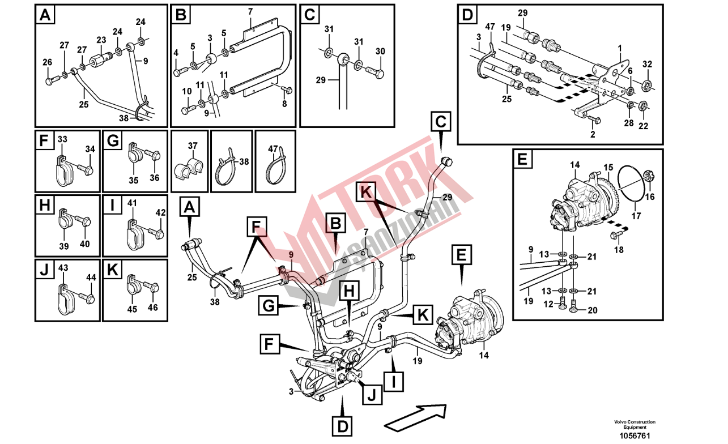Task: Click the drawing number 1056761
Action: pos(635,436)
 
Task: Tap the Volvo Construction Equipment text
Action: pos(635,425)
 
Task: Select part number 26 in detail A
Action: pos(48,62)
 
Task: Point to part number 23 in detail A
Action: pos(101,40)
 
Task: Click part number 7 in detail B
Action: pos(250,12)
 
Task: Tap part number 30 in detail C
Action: pos(380,52)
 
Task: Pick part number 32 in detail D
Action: pos(647,65)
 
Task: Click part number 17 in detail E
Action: pos(636,215)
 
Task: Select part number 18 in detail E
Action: pos(619,250)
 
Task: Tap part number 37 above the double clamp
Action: pos(193,146)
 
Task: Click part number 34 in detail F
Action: pos(90,149)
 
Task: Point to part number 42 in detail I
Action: pos(160,213)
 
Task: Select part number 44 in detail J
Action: pos(91,277)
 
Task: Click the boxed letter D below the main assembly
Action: pos(342,426)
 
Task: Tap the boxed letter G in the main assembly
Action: pos(269,306)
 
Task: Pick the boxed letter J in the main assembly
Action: pos(372,395)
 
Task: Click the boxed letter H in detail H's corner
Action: pos(45,205)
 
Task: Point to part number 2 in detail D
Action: pos(593,134)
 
